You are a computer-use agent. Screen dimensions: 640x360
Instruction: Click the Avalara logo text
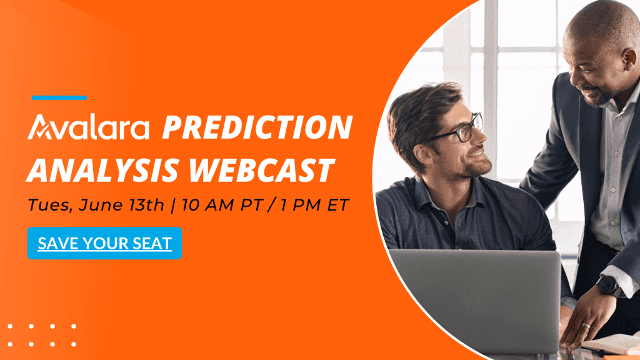(x=88, y=127)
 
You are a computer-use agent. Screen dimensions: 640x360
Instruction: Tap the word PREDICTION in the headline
(x=257, y=127)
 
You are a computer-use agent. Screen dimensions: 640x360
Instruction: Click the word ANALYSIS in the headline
(x=103, y=170)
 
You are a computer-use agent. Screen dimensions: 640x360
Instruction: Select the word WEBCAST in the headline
(x=262, y=170)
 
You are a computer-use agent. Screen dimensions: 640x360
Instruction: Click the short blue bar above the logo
(x=59, y=97)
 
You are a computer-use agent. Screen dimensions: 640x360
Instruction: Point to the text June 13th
(x=121, y=205)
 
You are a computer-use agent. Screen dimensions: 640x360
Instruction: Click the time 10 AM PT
(x=221, y=205)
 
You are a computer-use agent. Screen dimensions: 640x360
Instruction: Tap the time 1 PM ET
(x=314, y=205)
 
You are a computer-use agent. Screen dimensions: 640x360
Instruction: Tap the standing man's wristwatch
(x=609, y=285)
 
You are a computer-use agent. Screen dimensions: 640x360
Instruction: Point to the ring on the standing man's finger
(x=586, y=326)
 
